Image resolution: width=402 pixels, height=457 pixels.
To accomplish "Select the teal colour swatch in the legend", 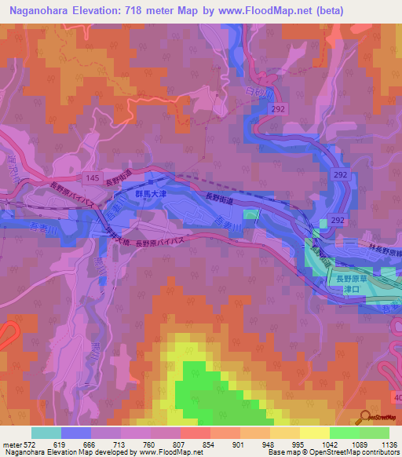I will [x=46, y=433].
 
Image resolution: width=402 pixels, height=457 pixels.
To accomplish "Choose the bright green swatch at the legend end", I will [x=374, y=433].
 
